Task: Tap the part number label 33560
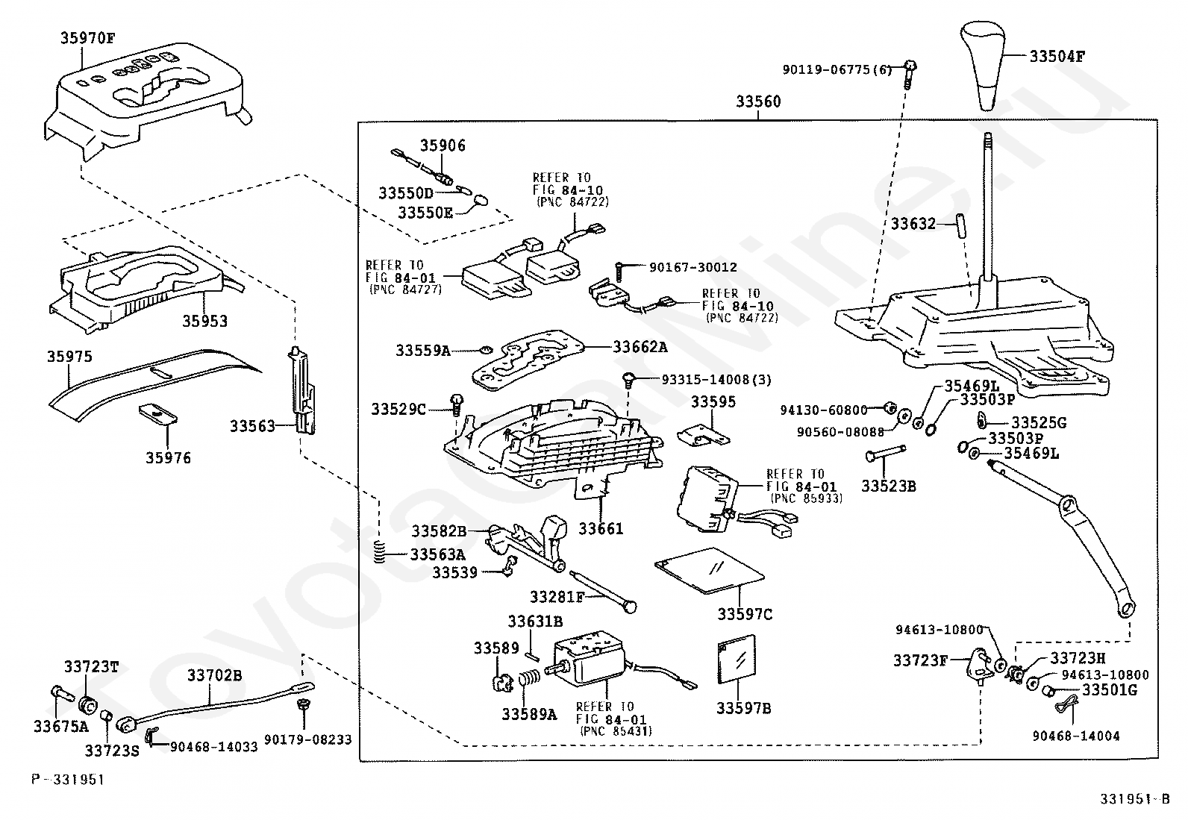[x=758, y=101]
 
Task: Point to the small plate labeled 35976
[x=157, y=413]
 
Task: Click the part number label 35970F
[x=87, y=38]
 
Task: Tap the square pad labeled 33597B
[x=736, y=660]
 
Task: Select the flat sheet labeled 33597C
[x=709, y=570]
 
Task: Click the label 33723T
[x=91, y=667]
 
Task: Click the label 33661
[x=601, y=528]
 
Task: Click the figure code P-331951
[x=68, y=779]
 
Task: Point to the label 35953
[x=204, y=321]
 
